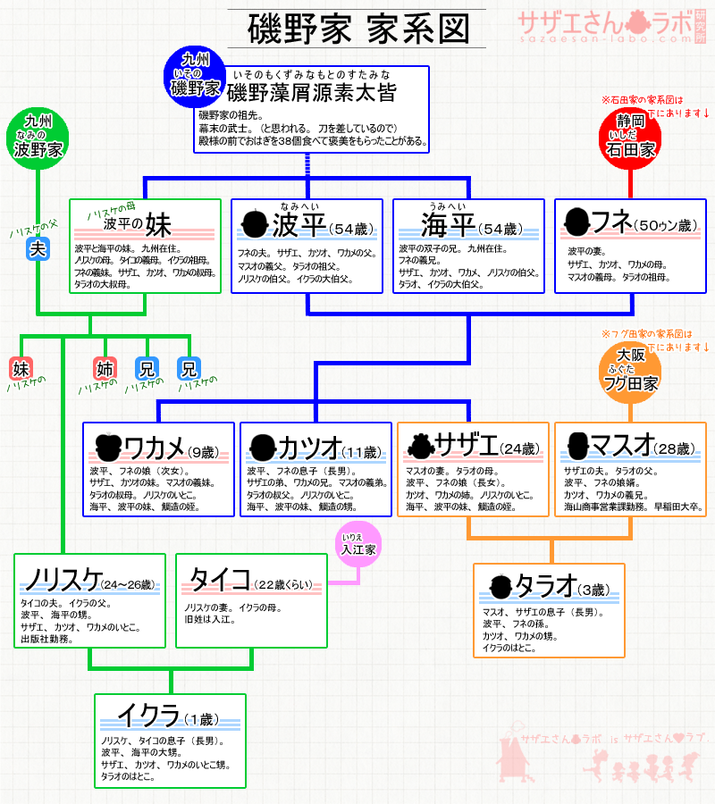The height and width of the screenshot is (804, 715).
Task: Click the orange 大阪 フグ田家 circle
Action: tap(631, 371)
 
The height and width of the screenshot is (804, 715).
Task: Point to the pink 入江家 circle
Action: tap(358, 550)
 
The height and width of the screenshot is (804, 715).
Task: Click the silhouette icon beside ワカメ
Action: tap(108, 446)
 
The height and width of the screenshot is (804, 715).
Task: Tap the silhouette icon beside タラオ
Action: tap(500, 587)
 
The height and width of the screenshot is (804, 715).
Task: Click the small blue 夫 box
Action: tap(38, 249)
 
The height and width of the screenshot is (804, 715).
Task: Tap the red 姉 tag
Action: tap(105, 367)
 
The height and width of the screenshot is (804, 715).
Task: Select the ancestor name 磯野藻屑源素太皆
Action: tap(311, 92)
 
